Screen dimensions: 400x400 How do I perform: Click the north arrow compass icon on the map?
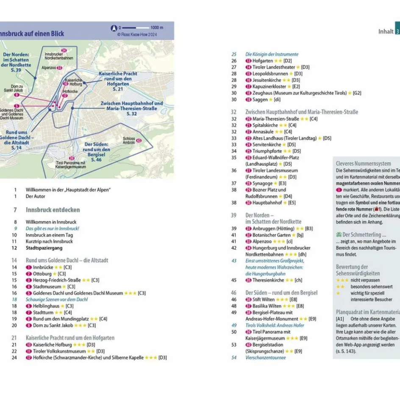[114, 28]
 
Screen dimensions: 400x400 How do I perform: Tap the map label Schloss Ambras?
[129, 141]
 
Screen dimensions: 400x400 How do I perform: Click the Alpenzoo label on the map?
[49, 67]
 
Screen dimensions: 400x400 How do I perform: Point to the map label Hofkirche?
[69, 90]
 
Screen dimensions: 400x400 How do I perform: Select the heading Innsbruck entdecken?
[53, 210]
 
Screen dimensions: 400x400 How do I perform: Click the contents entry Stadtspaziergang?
[44, 248]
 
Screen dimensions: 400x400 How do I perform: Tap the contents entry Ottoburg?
[42, 274]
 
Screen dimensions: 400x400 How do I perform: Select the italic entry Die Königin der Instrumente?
[272, 54]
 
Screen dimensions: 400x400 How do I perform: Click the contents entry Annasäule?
[263, 132]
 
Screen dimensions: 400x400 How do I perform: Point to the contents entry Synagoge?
[263, 183]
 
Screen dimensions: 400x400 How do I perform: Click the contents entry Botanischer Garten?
[272, 235]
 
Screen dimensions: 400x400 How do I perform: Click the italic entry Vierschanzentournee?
[265, 358]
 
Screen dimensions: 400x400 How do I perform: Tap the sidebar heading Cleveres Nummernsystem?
[363, 164]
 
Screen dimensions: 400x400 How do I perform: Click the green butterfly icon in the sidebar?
[339, 235]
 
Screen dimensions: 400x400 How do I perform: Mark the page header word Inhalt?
[386, 31]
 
